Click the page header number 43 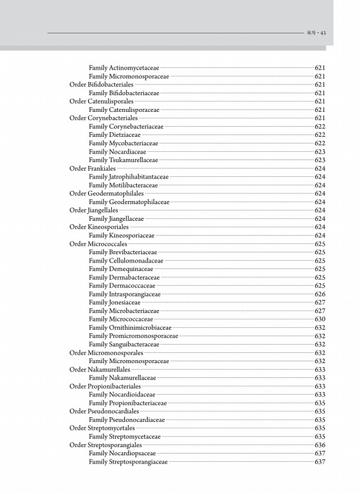click(323, 33)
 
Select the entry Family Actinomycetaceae click(123, 68)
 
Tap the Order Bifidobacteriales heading click(101, 85)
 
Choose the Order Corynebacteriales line click(104, 118)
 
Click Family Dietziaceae click(115, 135)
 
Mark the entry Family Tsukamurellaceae click(123, 160)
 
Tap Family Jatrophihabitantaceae click(129, 177)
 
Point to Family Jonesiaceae click(115, 302)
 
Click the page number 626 click(320, 294)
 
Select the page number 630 click(320, 319)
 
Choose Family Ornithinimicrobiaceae click(130, 327)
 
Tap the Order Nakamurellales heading click(99, 370)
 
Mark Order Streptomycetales click(102, 428)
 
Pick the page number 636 click(320, 445)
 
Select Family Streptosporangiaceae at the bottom click(128, 462)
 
